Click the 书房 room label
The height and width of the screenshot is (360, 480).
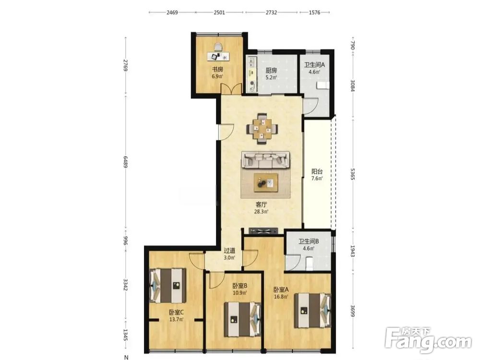217,70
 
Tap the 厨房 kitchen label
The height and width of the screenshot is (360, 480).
271,71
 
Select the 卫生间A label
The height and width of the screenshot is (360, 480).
314,65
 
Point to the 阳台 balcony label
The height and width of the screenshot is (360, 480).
317,171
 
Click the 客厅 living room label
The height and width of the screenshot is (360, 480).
261,204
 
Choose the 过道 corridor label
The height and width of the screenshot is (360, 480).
229,251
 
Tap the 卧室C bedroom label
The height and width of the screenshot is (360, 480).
176,312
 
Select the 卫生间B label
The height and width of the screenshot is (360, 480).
309,241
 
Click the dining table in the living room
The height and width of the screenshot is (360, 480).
263,129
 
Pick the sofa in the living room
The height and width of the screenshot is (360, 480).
266,160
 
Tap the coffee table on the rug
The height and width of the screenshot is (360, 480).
266,183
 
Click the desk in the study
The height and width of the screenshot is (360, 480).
218,56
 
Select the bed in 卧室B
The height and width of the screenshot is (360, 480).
242,320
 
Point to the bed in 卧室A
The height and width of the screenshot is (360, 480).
313,311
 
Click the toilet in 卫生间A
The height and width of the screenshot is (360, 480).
323,85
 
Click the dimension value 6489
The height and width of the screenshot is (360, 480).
125,162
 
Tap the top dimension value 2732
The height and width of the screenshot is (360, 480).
271,12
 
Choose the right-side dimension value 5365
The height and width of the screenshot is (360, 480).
352,174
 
